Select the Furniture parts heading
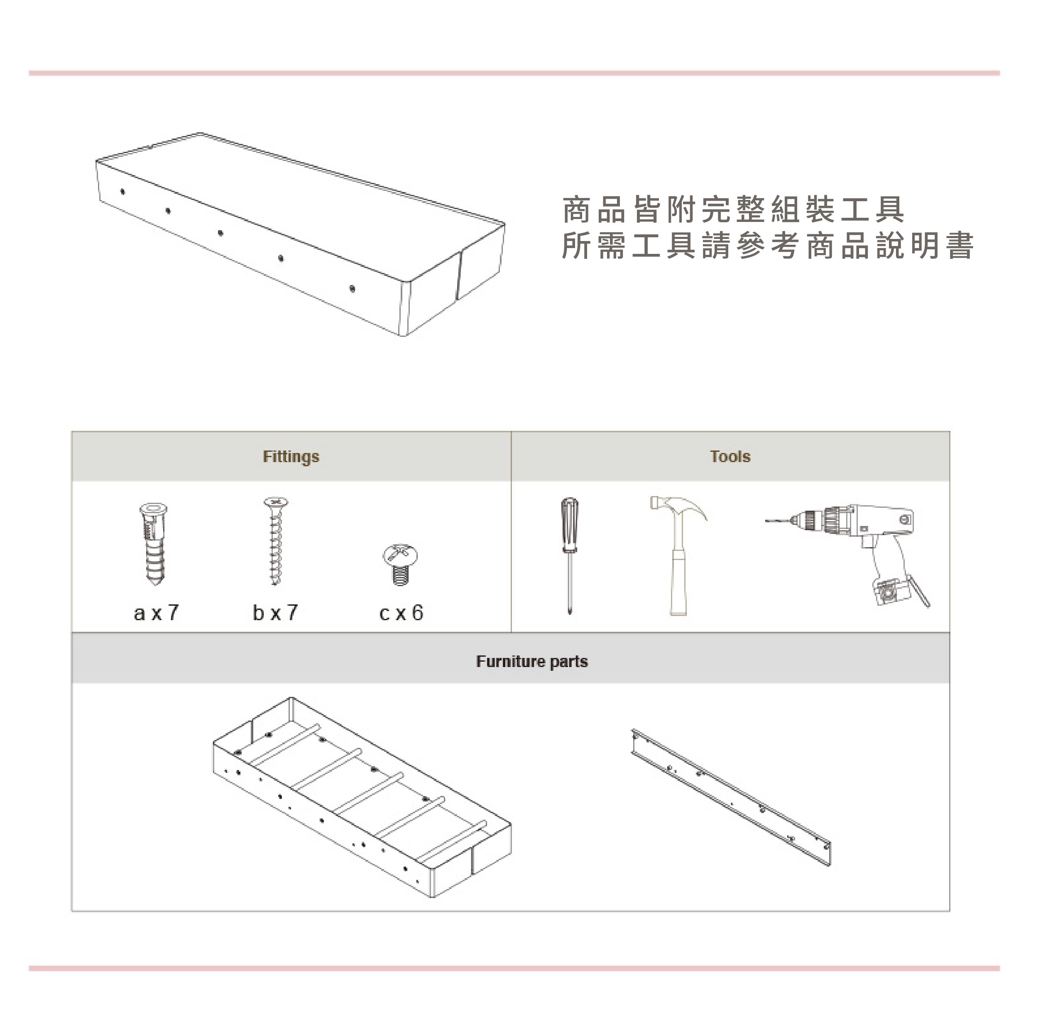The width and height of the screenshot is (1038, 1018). pyautogui.click(x=531, y=661)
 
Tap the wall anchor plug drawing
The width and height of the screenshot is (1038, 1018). pyautogui.click(x=154, y=543)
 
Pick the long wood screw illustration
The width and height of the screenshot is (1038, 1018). pyautogui.click(x=276, y=540)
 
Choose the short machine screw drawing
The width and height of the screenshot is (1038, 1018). pyautogui.click(x=400, y=564)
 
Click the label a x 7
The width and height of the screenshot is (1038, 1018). pyautogui.click(x=156, y=613)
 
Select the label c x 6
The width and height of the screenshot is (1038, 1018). pyautogui.click(x=401, y=613)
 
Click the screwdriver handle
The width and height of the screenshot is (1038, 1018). pyautogui.click(x=569, y=524)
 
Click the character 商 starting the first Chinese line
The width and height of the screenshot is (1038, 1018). pyautogui.click(x=576, y=209)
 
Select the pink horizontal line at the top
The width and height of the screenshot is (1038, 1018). pyautogui.click(x=514, y=73)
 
